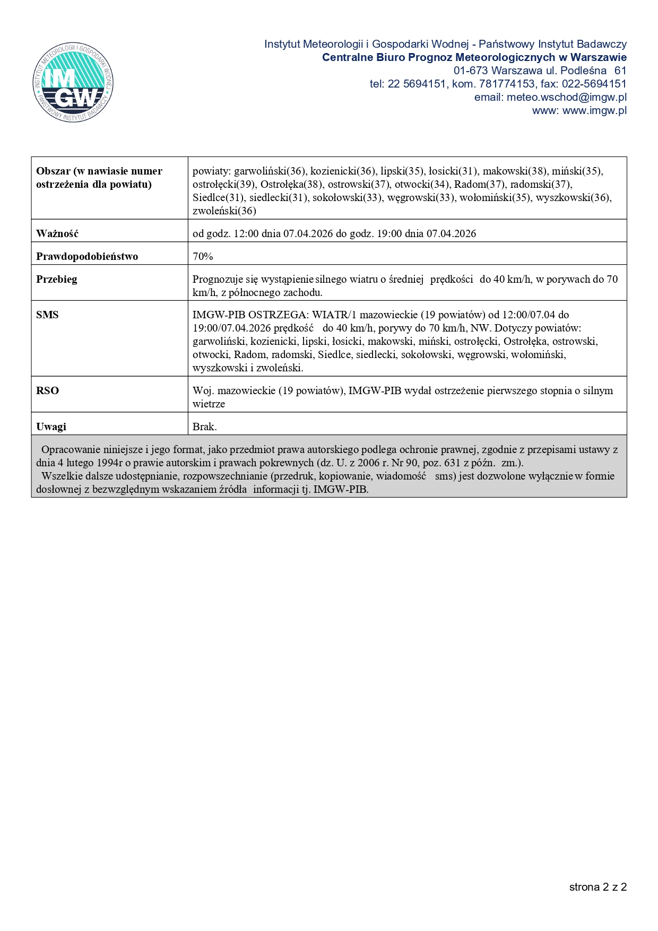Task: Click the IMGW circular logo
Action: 73,82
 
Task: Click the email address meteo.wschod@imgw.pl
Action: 566,98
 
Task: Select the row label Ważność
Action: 57,234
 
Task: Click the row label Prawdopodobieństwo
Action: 87,257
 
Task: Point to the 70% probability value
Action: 203,257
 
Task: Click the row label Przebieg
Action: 56,280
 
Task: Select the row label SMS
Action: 47,315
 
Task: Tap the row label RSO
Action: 47,391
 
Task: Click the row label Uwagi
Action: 51,427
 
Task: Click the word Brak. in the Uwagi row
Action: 204,427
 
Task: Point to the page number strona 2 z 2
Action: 598,887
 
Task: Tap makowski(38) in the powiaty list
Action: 514,171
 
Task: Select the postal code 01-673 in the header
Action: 470,71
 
